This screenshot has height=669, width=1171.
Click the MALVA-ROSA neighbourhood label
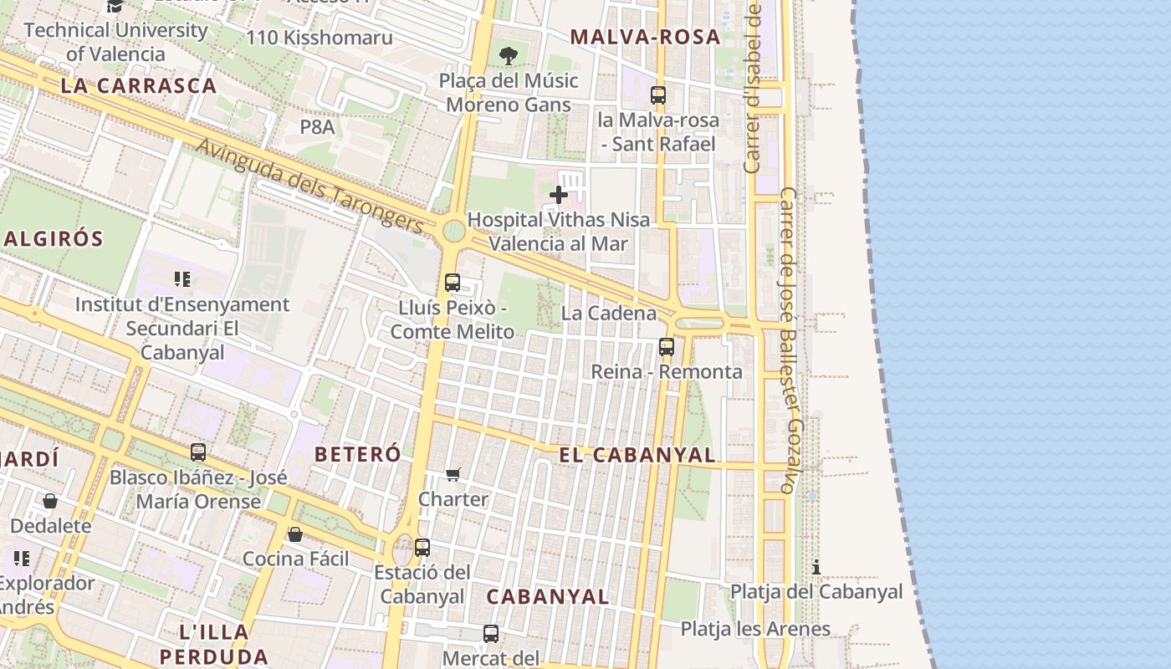pyautogui.click(x=644, y=37)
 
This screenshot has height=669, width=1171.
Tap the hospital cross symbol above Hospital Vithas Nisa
pyautogui.click(x=558, y=196)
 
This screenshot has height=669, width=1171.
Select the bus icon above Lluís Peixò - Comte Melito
pyautogui.click(x=453, y=283)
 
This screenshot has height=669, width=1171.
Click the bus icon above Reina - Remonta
pyautogui.click(x=667, y=346)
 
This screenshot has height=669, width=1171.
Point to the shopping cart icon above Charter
pyautogui.click(x=453, y=475)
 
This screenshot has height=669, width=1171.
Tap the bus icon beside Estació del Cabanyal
pyautogui.click(x=422, y=548)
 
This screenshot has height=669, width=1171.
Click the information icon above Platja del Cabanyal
pyautogui.click(x=816, y=568)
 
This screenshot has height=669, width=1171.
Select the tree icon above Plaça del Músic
pyautogui.click(x=508, y=56)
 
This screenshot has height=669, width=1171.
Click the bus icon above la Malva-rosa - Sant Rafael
pyautogui.click(x=658, y=95)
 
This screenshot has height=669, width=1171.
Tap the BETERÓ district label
pyautogui.click(x=357, y=454)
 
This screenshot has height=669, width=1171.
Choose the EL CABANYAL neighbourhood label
pyautogui.click(x=637, y=455)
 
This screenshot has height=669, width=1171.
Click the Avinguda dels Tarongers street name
pyautogui.click(x=310, y=186)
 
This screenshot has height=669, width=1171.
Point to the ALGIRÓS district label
pyautogui.click(x=53, y=239)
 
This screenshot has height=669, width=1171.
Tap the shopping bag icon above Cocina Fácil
pyautogui.click(x=295, y=534)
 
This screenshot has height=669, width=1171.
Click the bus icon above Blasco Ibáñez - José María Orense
pyautogui.click(x=198, y=452)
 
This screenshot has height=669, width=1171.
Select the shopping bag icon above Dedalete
pyautogui.click(x=50, y=501)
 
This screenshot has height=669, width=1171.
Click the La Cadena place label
pyautogui.click(x=609, y=314)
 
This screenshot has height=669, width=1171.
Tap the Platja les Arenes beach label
pyautogui.click(x=755, y=629)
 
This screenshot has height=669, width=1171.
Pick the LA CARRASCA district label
pyautogui.click(x=139, y=85)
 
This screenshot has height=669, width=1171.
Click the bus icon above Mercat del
pyautogui.click(x=491, y=634)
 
